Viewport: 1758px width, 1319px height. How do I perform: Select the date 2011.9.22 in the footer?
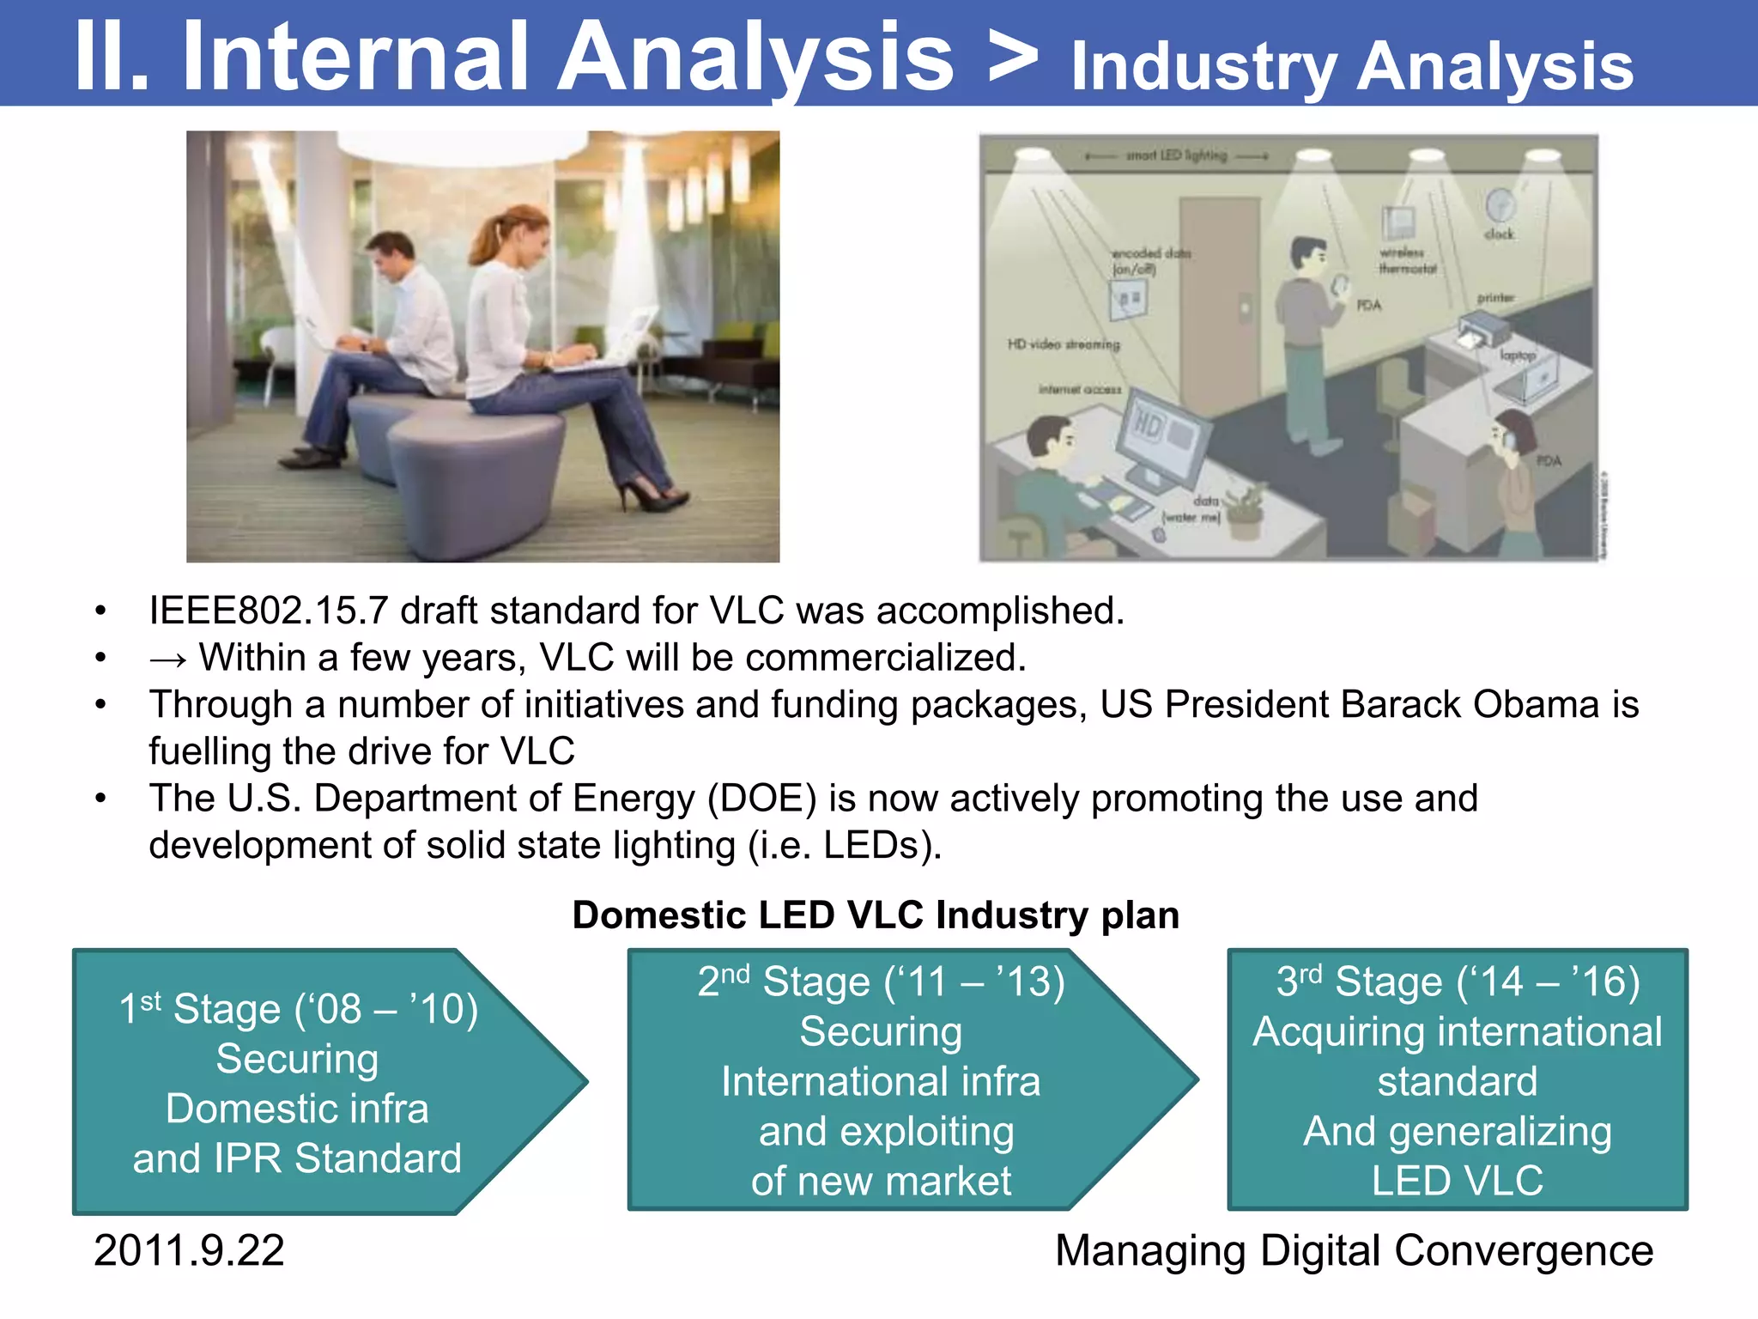point(189,1250)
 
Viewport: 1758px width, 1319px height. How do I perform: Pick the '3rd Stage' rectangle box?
point(1457,1080)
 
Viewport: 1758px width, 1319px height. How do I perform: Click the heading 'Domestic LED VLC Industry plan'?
point(876,915)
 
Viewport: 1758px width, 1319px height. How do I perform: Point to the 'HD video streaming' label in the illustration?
point(1064,344)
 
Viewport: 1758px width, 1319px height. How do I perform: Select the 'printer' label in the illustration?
point(1495,298)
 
